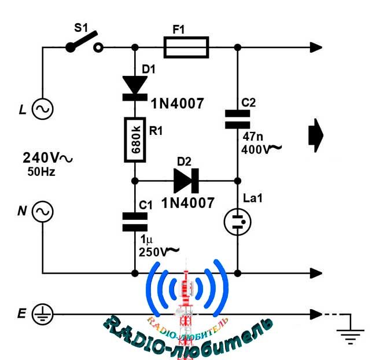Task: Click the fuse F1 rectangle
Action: [x=186, y=47]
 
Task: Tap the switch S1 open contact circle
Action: [x=98, y=47]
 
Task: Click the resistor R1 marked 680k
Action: [x=135, y=139]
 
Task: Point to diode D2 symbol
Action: [x=186, y=181]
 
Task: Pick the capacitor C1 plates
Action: [x=135, y=222]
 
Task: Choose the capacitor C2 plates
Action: [x=238, y=119]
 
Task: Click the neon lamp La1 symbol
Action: [x=238, y=222]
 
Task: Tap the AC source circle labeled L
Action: [x=43, y=109]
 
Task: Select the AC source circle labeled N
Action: [x=43, y=211]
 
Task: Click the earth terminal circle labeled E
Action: [x=43, y=314]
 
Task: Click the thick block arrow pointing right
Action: [x=316, y=135]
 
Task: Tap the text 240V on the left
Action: [x=40, y=157]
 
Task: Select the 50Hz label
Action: [x=41, y=172]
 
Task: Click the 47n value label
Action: [x=253, y=137]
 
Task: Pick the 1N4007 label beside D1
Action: [x=177, y=104]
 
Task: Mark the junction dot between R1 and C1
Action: [x=135, y=181]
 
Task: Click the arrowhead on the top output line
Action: [x=316, y=47]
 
